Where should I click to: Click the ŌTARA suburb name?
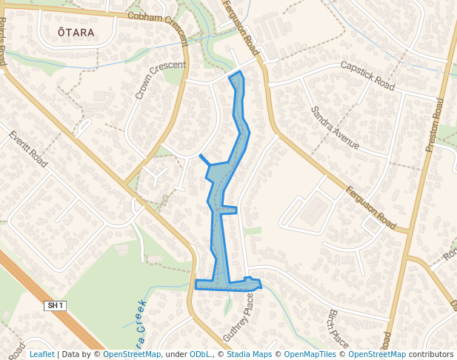[76, 33]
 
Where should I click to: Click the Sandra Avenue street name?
[335, 127]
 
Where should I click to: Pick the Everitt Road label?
[28, 148]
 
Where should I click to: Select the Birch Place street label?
[338, 328]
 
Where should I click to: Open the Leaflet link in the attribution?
[41, 354]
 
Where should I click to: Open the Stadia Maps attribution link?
[248, 354]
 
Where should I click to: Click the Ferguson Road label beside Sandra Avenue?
[371, 207]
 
